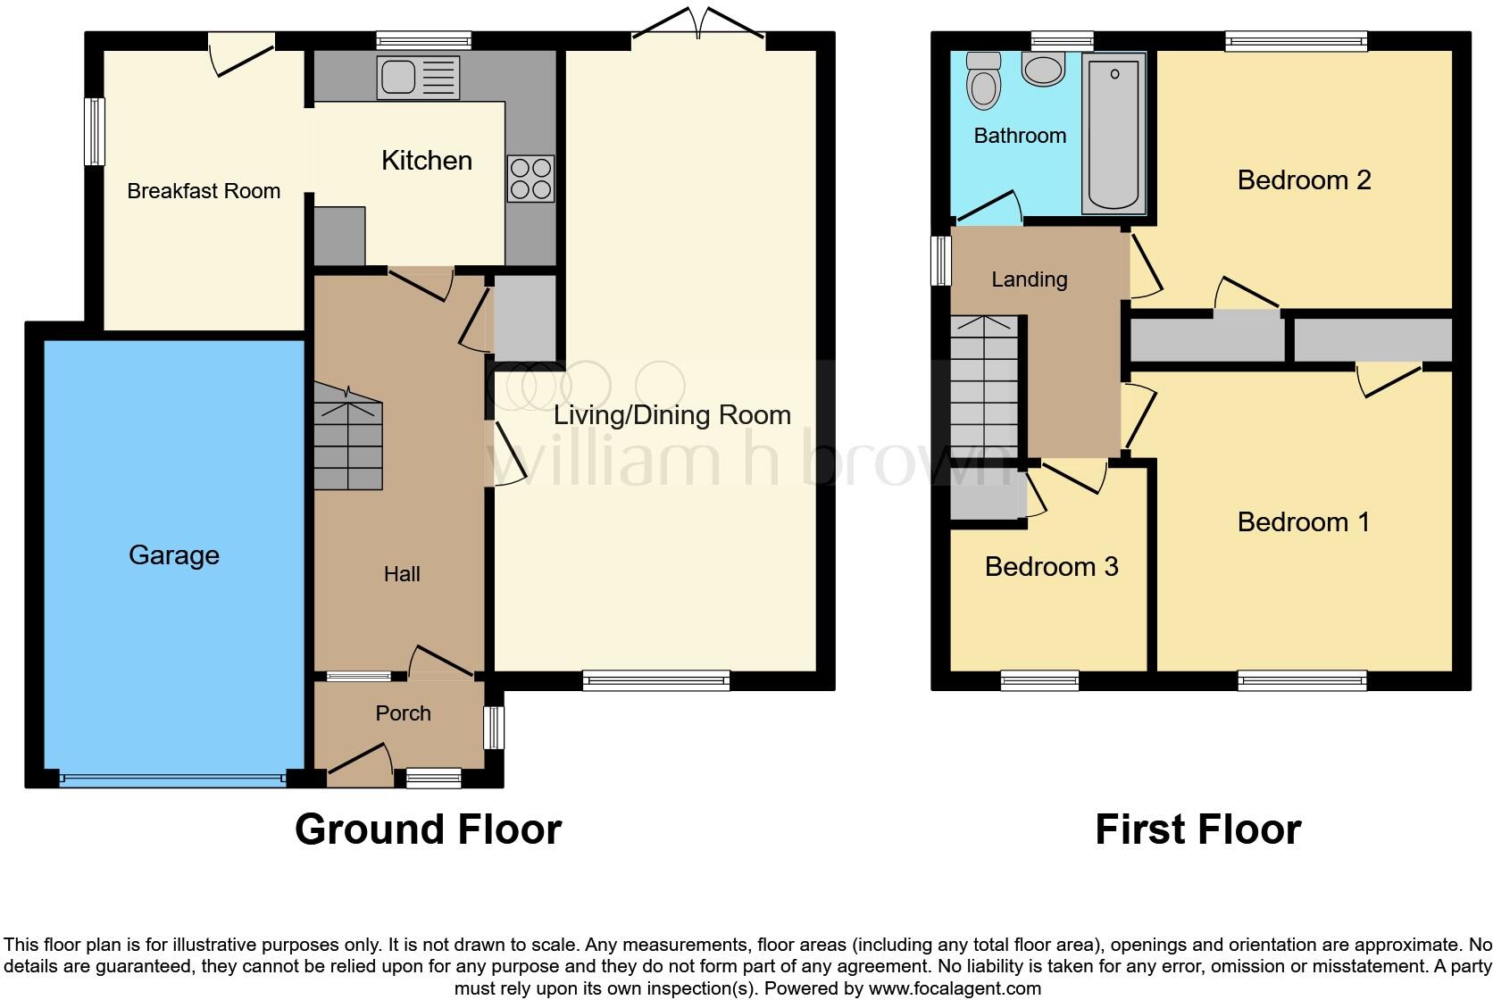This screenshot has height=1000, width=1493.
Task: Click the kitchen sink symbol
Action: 418,77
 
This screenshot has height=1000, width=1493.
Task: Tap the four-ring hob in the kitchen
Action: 530,178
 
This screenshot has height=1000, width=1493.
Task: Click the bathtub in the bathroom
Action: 1113,134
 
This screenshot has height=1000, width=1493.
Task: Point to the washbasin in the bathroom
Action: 1043,68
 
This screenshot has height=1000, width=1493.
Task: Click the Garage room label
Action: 174,555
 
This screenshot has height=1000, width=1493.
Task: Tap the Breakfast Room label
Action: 204,191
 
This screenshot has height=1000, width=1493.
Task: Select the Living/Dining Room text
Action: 671,415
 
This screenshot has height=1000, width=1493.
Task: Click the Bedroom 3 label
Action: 1051,567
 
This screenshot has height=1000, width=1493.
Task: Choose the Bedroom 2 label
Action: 1304,180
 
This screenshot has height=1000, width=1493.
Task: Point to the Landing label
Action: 1029,279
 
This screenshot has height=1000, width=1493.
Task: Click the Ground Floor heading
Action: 428,829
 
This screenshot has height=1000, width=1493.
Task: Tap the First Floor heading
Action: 1197,829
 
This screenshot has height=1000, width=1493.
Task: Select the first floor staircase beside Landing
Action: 984,388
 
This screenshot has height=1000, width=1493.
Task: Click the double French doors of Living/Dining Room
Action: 698,27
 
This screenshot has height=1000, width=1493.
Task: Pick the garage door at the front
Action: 173,779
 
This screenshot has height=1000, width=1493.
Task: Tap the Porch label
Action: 403,713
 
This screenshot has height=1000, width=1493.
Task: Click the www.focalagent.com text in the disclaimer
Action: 954,988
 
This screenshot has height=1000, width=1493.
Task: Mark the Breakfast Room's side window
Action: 95,131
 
